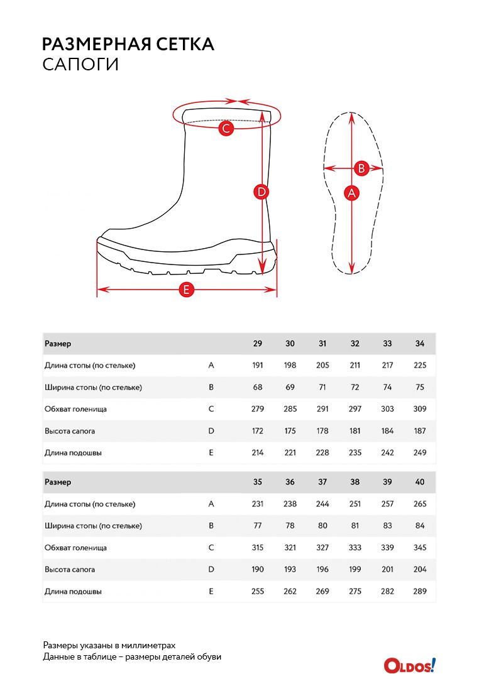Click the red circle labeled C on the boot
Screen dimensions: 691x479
point(226,129)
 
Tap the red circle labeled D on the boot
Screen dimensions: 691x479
point(262,192)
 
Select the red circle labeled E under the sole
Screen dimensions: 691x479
point(186,290)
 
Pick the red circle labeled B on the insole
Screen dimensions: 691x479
point(361,168)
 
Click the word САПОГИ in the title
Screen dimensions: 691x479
point(80,65)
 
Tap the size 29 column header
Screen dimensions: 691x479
point(258,344)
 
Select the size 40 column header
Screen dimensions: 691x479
point(420,482)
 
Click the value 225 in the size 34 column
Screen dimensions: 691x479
point(420,366)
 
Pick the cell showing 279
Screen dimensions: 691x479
point(258,409)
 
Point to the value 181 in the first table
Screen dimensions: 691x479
point(355,431)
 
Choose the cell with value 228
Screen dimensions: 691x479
point(322,453)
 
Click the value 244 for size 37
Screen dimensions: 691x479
point(322,504)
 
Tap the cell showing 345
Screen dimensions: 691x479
point(420,548)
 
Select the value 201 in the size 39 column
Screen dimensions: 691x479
point(387,570)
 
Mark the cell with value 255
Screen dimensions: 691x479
point(258,592)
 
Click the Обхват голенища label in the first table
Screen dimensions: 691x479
point(75,409)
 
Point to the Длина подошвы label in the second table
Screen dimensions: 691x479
point(73,592)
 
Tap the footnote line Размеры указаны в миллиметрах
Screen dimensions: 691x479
point(109,645)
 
